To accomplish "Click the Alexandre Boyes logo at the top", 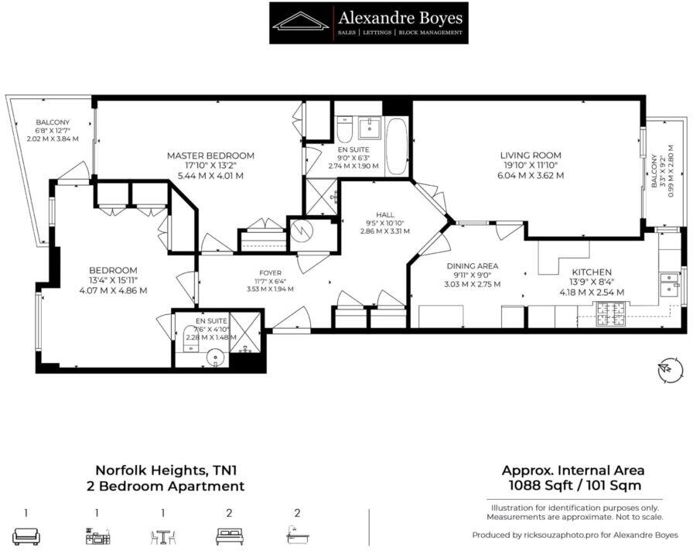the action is [x=369, y=23].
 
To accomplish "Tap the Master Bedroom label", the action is [x=210, y=156].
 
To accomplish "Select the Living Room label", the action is [x=531, y=156].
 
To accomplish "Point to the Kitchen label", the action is [x=592, y=272].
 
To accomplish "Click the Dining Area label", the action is [x=473, y=265].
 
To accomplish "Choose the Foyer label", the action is [x=270, y=273].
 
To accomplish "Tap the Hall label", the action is [x=385, y=215].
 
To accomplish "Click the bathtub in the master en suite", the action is [x=398, y=147].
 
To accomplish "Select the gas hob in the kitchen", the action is [x=611, y=313].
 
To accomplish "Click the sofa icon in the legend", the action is [x=26, y=536].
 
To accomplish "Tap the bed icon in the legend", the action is [x=230, y=536].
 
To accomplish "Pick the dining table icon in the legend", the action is [x=163, y=537].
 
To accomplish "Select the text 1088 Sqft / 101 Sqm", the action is [x=575, y=485].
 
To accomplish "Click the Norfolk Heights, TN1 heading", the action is [x=169, y=469].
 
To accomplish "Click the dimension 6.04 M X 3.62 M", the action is [x=531, y=175].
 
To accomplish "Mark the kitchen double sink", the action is [x=669, y=286].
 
